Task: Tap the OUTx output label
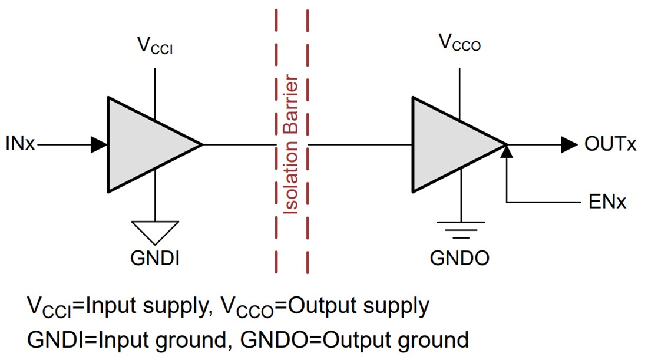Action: pyautogui.click(x=610, y=144)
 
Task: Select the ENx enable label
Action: pyautogui.click(x=607, y=202)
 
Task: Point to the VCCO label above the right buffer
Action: pyautogui.click(x=459, y=42)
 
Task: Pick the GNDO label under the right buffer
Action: pyautogui.click(x=459, y=259)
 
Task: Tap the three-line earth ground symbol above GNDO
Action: pyautogui.click(x=459, y=229)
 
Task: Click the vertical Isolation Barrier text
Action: pyautogui.click(x=291, y=144)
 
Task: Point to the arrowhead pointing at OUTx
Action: pyautogui.click(x=568, y=144)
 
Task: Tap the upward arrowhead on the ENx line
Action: pyautogui.click(x=507, y=152)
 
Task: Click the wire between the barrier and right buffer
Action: pyautogui.click(x=359, y=144)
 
